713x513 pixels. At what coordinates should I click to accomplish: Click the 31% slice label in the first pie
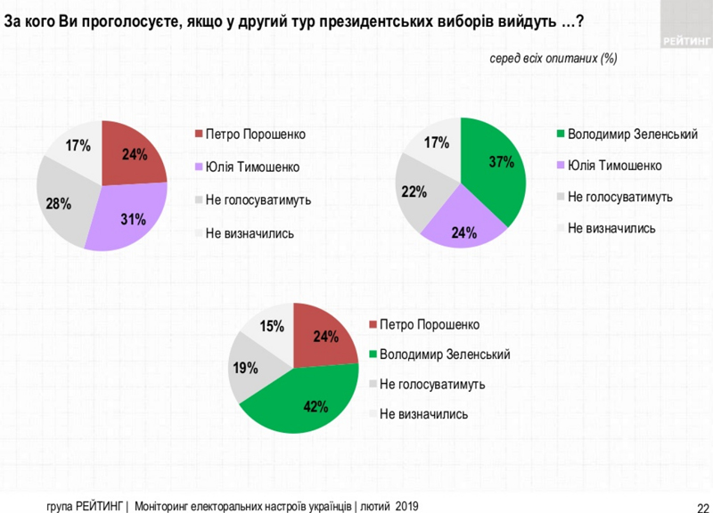pyautogui.click(x=134, y=218)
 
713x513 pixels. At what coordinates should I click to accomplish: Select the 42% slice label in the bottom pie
pyautogui.click(x=317, y=407)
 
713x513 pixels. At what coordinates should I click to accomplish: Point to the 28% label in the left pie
pyautogui.click(x=58, y=204)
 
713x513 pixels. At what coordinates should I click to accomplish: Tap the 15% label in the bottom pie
pyautogui.click(x=270, y=328)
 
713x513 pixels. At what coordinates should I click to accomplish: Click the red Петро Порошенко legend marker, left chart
pyautogui.click(x=199, y=134)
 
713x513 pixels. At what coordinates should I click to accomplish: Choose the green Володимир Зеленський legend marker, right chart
pyautogui.click(x=560, y=134)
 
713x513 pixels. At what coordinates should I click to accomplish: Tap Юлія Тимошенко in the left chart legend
pyautogui.click(x=252, y=167)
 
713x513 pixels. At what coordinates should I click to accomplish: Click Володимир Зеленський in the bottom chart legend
pyautogui.click(x=444, y=354)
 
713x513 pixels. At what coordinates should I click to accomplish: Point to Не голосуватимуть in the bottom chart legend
pyautogui.click(x=431, y=384)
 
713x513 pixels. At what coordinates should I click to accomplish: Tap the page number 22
pyautogui.click(x=702, y=505)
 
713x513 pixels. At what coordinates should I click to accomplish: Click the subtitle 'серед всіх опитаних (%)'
pyautogui.click(x=553, y=58)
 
